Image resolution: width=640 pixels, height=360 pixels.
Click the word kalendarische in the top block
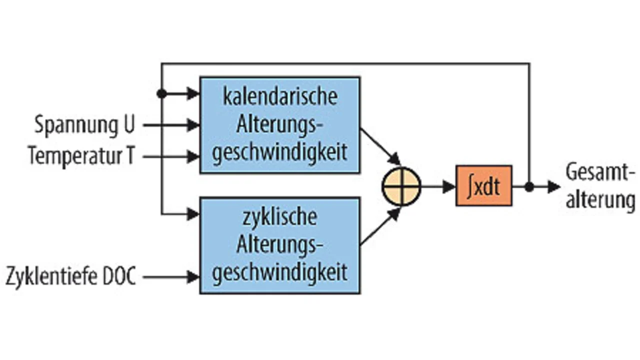pos(279,96)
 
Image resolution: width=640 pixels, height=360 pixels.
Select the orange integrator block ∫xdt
pos(483,186)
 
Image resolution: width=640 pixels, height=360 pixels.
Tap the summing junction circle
pos(401,186)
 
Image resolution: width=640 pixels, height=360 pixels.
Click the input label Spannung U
pos(84,125)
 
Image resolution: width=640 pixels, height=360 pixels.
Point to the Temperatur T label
pos(81,156)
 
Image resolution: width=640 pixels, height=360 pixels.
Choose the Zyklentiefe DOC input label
pos(71,276)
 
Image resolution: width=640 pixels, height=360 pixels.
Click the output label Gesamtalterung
pos(600,186)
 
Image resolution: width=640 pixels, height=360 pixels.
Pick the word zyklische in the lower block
pos(279,217)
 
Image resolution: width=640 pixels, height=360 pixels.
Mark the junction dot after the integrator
pos(529,187)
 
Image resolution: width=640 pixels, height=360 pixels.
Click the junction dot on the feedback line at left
pos(161,93)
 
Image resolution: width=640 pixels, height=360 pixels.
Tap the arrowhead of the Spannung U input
pos(194,125)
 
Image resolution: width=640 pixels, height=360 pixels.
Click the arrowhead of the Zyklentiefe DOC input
pos(194,276)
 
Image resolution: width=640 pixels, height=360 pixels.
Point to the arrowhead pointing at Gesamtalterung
pos(554,187)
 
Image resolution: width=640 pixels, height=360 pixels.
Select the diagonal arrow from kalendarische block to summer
pos(380,146)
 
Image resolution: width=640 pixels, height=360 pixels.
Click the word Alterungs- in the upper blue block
pos(279,124)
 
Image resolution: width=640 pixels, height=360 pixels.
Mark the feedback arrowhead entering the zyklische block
pos(194,214)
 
